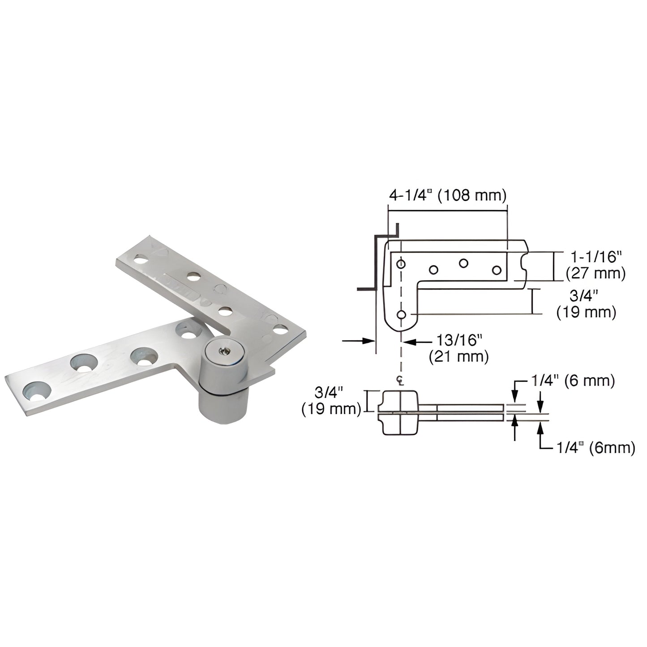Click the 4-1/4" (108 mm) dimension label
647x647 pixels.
coord(447,195)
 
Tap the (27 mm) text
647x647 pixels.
coord(595,273)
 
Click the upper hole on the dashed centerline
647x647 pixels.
coord(401,264)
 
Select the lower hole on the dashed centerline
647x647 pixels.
coord(401,315)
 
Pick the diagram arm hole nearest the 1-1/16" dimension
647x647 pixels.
coord(496,270)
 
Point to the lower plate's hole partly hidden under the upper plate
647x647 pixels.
coord(188,332)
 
